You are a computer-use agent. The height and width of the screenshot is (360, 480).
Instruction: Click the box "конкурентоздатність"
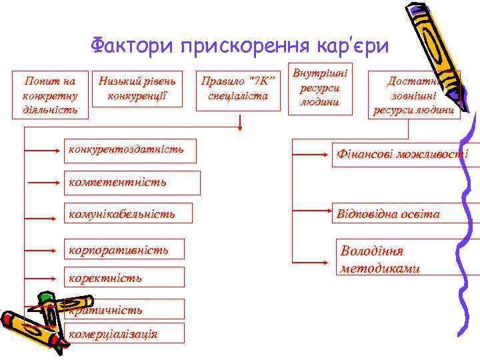[131, 150]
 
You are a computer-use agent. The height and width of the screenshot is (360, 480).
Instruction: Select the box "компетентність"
[131, 182]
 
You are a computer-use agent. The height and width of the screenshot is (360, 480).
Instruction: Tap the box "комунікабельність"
[128, 213]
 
